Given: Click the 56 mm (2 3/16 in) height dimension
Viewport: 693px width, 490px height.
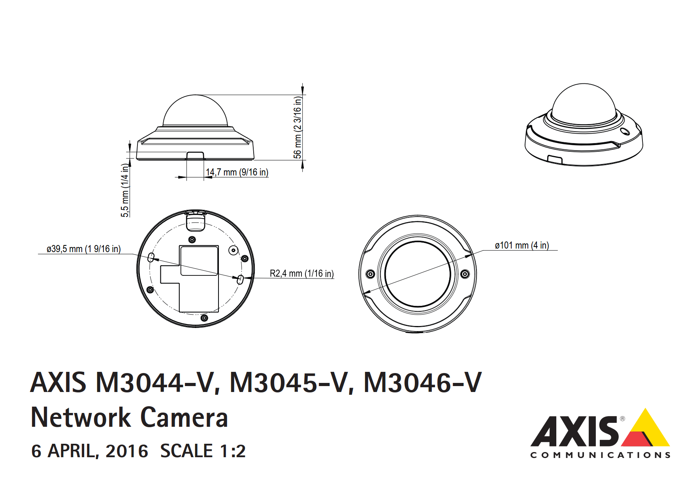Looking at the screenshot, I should point(298,127).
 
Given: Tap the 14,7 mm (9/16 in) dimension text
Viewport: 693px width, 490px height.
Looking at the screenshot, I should point(237,172).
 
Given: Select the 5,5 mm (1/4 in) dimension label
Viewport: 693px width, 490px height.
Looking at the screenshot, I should point(125,190).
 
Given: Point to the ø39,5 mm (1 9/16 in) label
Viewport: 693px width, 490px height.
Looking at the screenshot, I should point(83,249).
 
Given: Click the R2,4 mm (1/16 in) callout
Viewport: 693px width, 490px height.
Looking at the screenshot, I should point(301,273).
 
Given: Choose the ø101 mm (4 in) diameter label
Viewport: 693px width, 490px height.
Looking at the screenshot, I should point(522,245).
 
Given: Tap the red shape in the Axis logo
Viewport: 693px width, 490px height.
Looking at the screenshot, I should point(636,439).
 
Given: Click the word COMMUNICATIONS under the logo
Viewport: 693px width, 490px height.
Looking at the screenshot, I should point(600,455).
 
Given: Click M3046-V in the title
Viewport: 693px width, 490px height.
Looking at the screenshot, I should point(422,383).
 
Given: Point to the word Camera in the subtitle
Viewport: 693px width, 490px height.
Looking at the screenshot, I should point(184,418).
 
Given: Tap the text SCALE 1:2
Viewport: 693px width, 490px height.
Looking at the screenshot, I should point(203,451).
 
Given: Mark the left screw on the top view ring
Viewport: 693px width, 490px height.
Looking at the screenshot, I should point(370,274).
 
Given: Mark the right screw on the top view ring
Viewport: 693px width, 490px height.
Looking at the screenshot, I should point(465,274).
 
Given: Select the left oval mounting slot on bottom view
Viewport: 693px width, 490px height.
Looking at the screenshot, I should point(151,258).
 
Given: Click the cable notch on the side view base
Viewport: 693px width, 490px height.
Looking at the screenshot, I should point(195,155).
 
